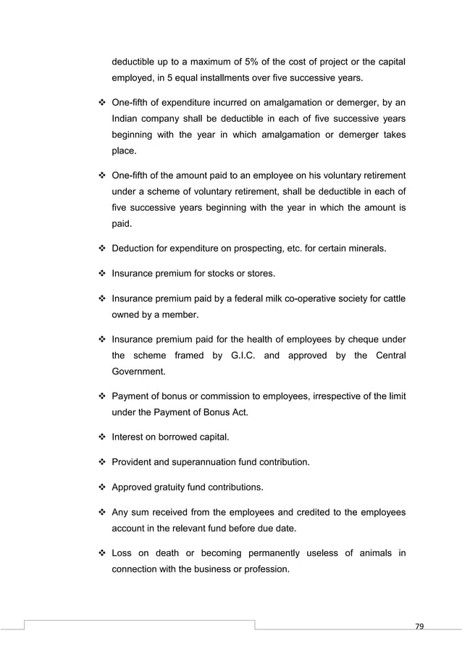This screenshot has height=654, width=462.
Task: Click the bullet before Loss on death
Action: coord(101,554)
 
